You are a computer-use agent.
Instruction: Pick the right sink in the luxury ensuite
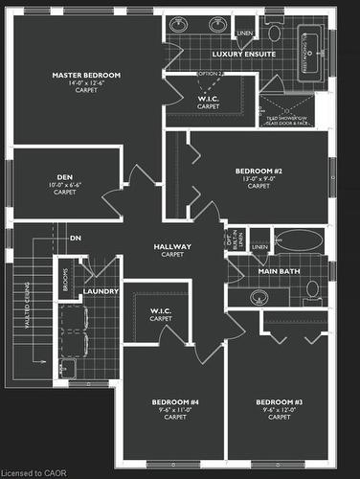click(x=216, y=25)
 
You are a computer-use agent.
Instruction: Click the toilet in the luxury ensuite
click(x=275, y=33)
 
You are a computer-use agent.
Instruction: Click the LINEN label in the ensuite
click(x=245, y=33)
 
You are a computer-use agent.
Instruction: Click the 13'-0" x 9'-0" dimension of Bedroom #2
click(x=259, y=178)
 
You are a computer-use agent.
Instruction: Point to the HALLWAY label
click(x=173, y=247)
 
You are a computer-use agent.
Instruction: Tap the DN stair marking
click(x=75, y=238)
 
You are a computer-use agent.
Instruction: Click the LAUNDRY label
click(x=101, y=291)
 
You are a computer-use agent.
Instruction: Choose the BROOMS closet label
click(x=64, y=277)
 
